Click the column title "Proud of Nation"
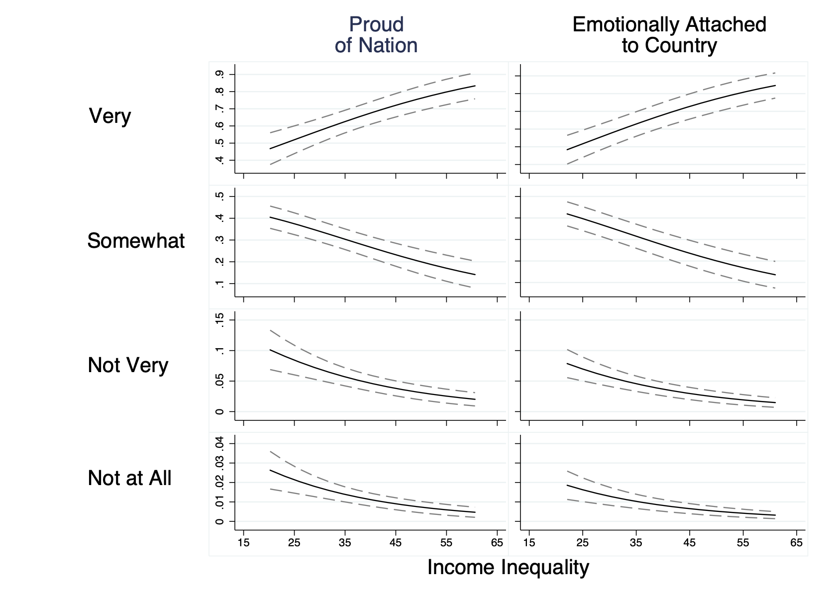(376, 35)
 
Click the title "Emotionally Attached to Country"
(669, 35)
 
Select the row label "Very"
(109, 116)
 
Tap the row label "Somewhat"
(136, 241)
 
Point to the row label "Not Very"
(128, 366)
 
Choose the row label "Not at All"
(129, 479)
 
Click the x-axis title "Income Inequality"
(508, 568)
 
